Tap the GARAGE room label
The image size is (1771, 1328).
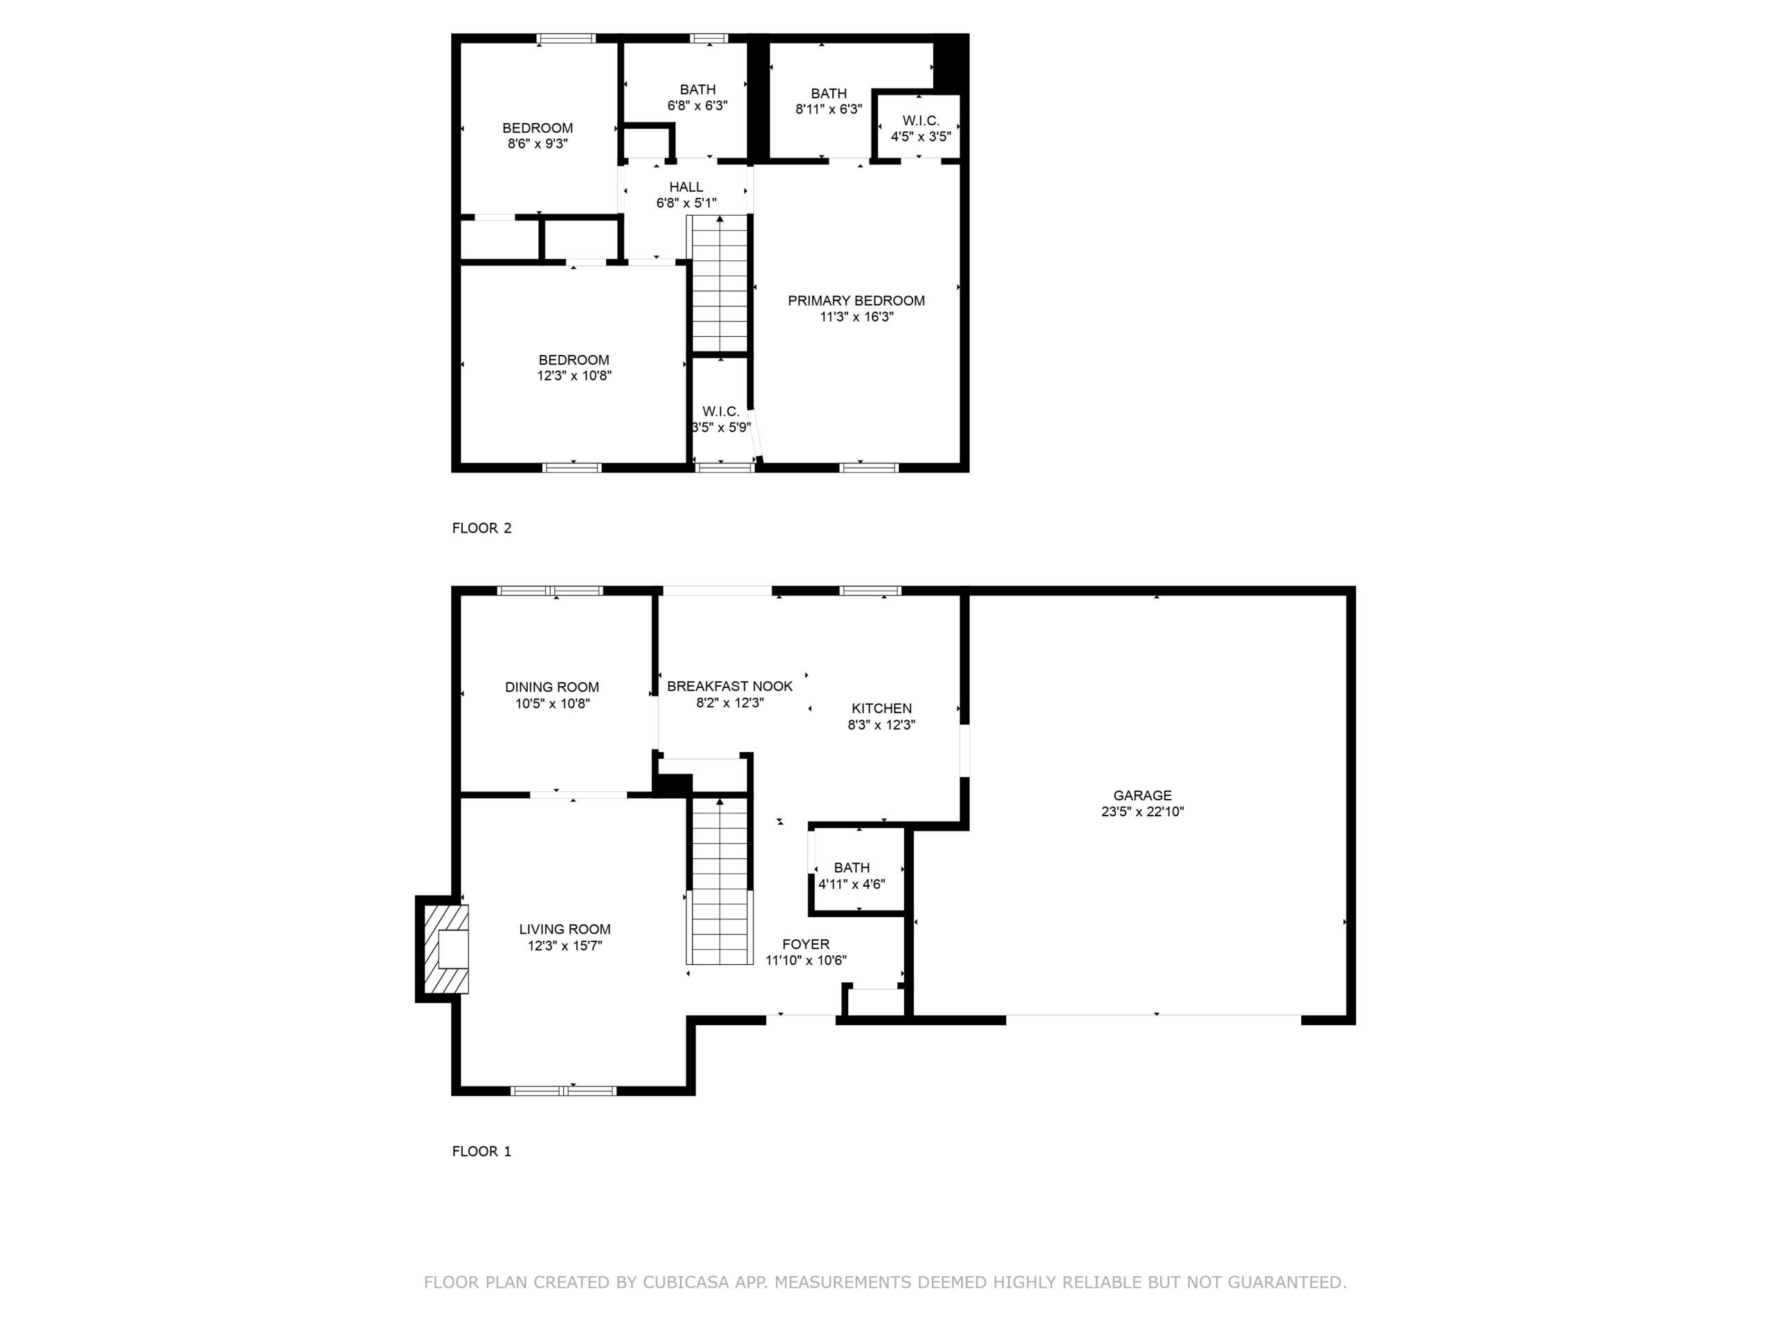pos(1143,795)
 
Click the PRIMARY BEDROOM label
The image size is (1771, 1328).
pos(856,301)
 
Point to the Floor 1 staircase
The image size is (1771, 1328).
pos(719,880)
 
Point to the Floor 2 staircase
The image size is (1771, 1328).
pos(719,284)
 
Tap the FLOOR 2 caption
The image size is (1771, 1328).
pos(482,528)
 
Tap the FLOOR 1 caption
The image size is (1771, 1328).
pos(482,1151)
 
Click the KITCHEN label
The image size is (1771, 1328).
pos(881,708)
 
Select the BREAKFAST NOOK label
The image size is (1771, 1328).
pos(729,686)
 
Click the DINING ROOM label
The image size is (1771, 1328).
pos(551,687)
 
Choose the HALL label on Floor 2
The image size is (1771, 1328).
pos(686,187)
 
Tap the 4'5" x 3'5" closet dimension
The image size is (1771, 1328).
pos(921,137)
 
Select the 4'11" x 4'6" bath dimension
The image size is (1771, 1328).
pos(851,885)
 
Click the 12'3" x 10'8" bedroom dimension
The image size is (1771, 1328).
pos(574,376)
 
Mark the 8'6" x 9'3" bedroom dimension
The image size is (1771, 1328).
pos(538,144)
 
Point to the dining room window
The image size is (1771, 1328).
pos(550,591)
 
